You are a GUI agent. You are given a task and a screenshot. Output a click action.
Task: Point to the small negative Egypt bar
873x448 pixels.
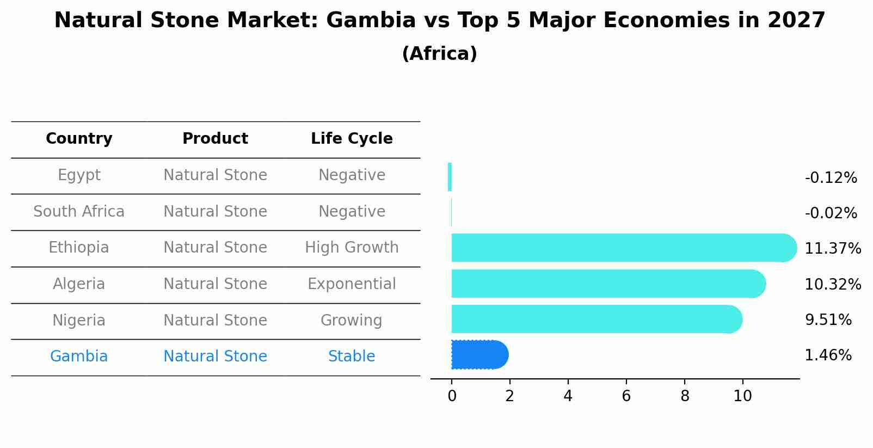tap(450, 177)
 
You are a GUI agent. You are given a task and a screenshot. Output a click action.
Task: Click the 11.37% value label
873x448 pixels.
tap(832, 249)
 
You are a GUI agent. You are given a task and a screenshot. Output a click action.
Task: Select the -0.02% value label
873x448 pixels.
tap(831, 213)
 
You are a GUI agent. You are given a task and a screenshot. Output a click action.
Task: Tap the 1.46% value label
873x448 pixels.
tap(828, 355)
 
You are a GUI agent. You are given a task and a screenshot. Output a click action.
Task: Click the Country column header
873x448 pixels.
tap(79, 139)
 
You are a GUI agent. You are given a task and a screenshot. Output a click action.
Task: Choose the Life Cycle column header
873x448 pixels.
tap(352, 139)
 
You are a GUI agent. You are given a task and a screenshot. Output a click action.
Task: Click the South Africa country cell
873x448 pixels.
tap(79, 212)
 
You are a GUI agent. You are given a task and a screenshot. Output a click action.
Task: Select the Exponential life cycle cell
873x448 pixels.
tap(352, 284)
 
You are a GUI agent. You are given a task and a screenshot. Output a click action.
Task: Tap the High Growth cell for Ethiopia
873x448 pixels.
tap(352, 248)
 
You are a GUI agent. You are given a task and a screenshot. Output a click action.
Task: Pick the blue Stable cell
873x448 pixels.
tap(352, 357)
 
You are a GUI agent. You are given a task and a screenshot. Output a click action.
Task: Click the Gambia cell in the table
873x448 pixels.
tap(79, 357)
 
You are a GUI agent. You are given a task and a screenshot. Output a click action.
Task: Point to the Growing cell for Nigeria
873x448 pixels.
tap(352, 321)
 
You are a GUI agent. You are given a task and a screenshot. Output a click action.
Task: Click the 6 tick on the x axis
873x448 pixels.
tap(626, 396)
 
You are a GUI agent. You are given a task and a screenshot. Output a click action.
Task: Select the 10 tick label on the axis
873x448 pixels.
tap(742, 396)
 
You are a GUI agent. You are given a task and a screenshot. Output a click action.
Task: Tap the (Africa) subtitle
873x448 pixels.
tap(439, 54)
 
